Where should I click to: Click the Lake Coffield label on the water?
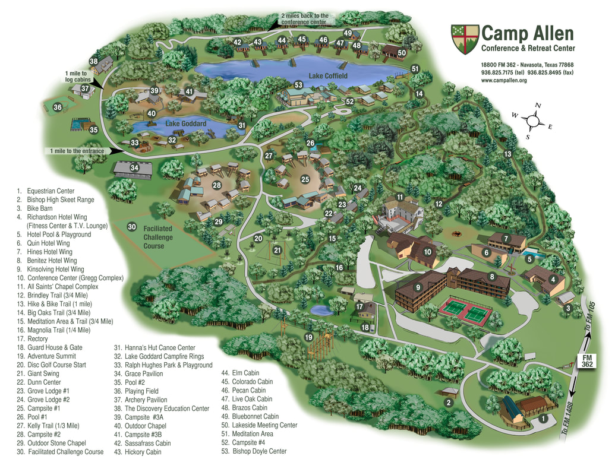click(x=328, y=76)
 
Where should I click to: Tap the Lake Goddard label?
click(x=185, y=123)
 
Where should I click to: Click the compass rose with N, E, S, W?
click(x=533, y=121)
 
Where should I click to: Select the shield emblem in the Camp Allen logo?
click(x=464, y=39)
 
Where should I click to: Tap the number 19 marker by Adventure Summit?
click(x=308, y=337)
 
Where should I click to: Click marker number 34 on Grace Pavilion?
click(x=134, y=168)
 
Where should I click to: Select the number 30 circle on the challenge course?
click(x=132, y=227)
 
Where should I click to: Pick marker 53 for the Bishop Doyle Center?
click(x=299, y=85)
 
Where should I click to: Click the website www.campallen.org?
click(x=504, y=80)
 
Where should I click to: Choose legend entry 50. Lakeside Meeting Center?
click(x=259, y=425)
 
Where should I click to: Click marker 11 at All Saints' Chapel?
click(x=400, y=197)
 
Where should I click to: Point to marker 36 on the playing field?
click(x=57, y=107)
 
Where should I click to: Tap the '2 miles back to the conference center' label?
click(x=304, y=19)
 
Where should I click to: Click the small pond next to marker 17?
click(x=321, y=311)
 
